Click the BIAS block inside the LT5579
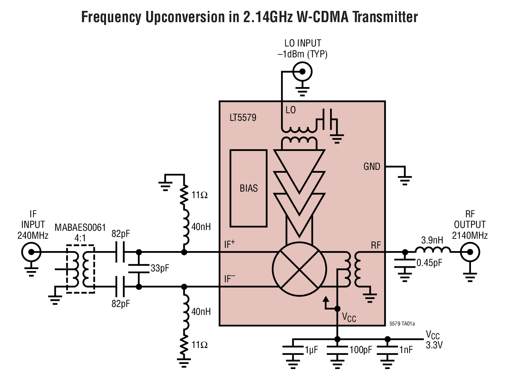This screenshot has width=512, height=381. (249, 188)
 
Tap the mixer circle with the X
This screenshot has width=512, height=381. (299, 269)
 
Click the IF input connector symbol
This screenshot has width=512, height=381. (31, 252)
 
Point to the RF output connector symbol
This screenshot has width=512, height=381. (470, 252)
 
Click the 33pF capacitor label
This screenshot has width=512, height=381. (160, 269)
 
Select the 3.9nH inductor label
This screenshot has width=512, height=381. (432, 240)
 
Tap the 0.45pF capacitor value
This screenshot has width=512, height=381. (430, 262)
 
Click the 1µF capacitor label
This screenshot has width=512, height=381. (311, 350)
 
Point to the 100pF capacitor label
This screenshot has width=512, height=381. (361, 350)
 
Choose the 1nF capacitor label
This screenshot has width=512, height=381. (406, 350)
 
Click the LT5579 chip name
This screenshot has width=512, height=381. (243, 118)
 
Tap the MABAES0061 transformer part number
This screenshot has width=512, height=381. (80, 228)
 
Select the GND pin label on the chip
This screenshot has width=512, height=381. (372, 167)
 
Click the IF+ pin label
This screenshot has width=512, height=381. (229, 244)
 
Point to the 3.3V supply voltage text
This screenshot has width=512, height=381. (434, 345)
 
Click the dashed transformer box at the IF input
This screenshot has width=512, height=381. (80, 269)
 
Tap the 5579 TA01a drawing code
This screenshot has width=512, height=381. (402, 323)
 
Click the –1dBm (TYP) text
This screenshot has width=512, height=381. (302, 54)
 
